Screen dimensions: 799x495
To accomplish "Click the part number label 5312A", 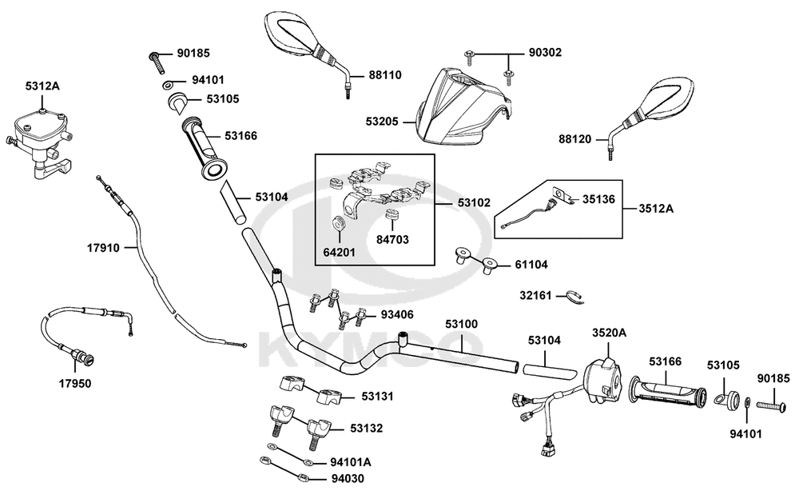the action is pos(42,86).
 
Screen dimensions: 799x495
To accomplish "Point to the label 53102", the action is pos(474,202).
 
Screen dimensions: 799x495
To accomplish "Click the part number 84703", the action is pos(392,239).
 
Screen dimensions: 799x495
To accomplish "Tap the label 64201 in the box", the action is pos(340,253).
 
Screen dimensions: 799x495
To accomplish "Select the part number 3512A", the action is pos(656,209).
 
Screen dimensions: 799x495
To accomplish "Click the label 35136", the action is pos(598,199).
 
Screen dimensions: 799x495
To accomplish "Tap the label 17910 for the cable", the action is pos(103,248).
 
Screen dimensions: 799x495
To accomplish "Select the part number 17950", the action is pos(75,383).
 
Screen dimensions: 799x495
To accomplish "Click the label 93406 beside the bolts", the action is pos(397,315).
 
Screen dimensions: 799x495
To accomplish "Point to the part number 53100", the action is pos(462,324).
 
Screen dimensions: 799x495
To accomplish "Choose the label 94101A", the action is pos(351,462).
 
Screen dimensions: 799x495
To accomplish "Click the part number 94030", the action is pos(348,479).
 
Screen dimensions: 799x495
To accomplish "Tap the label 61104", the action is pos(531,265).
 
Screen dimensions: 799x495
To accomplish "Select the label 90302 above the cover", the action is pos(545,53).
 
